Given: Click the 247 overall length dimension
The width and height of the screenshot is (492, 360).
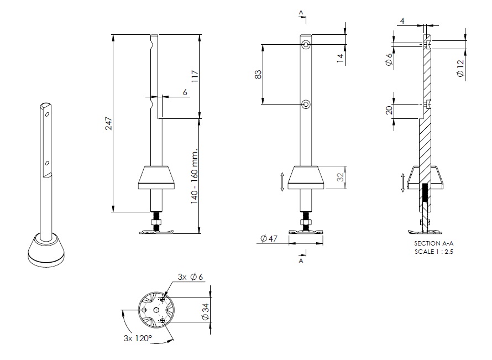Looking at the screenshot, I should pos(109,123).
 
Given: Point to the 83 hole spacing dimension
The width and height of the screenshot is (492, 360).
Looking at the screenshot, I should pos(258,74).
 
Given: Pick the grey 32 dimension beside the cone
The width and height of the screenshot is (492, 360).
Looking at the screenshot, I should pos(341,178).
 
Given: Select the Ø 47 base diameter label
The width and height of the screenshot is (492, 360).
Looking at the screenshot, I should pos(268,238).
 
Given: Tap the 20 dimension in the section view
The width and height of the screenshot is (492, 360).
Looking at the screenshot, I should pos(389,109).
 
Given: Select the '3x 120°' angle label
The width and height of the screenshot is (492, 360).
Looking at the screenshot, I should pos(138,337).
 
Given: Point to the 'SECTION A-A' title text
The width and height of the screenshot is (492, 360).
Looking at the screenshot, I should pos(429,244).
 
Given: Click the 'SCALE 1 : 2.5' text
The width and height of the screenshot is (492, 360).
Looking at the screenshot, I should pos(429,251).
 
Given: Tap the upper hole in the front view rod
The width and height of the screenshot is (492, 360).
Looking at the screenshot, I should pos(306,44).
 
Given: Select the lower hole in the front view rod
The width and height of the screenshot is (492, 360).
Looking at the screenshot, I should pos(306,103).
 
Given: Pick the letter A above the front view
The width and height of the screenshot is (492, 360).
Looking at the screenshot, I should pos(301,12).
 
